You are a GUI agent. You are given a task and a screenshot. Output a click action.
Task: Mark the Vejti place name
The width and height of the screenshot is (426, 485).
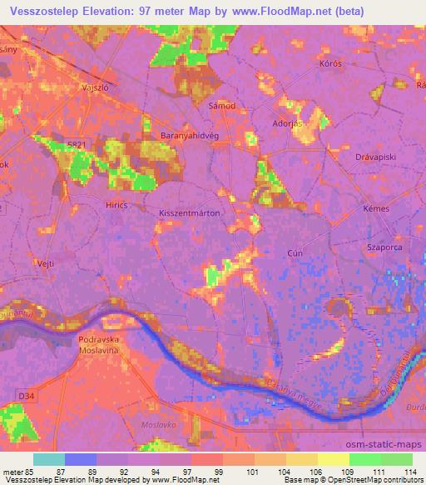(x=46, y=262)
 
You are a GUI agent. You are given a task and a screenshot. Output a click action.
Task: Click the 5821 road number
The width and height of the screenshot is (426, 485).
(x=77, y=145)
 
